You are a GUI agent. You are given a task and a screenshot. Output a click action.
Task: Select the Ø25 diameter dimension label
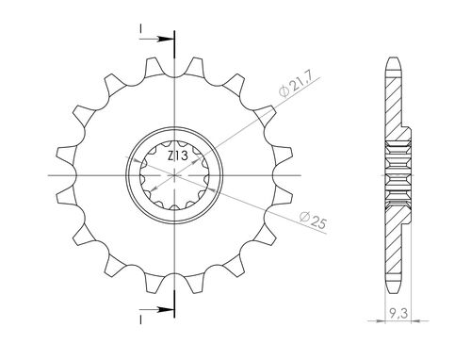click(314, 221)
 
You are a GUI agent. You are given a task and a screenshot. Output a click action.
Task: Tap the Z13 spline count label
click(178, 155)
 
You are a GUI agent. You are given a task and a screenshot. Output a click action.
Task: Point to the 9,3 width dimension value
click(398, 313)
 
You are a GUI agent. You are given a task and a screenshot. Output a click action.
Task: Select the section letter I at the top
click(141, 29)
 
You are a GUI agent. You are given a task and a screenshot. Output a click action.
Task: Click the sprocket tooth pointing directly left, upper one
click(67, 154)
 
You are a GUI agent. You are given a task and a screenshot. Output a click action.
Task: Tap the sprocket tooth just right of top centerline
click(195, 67)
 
